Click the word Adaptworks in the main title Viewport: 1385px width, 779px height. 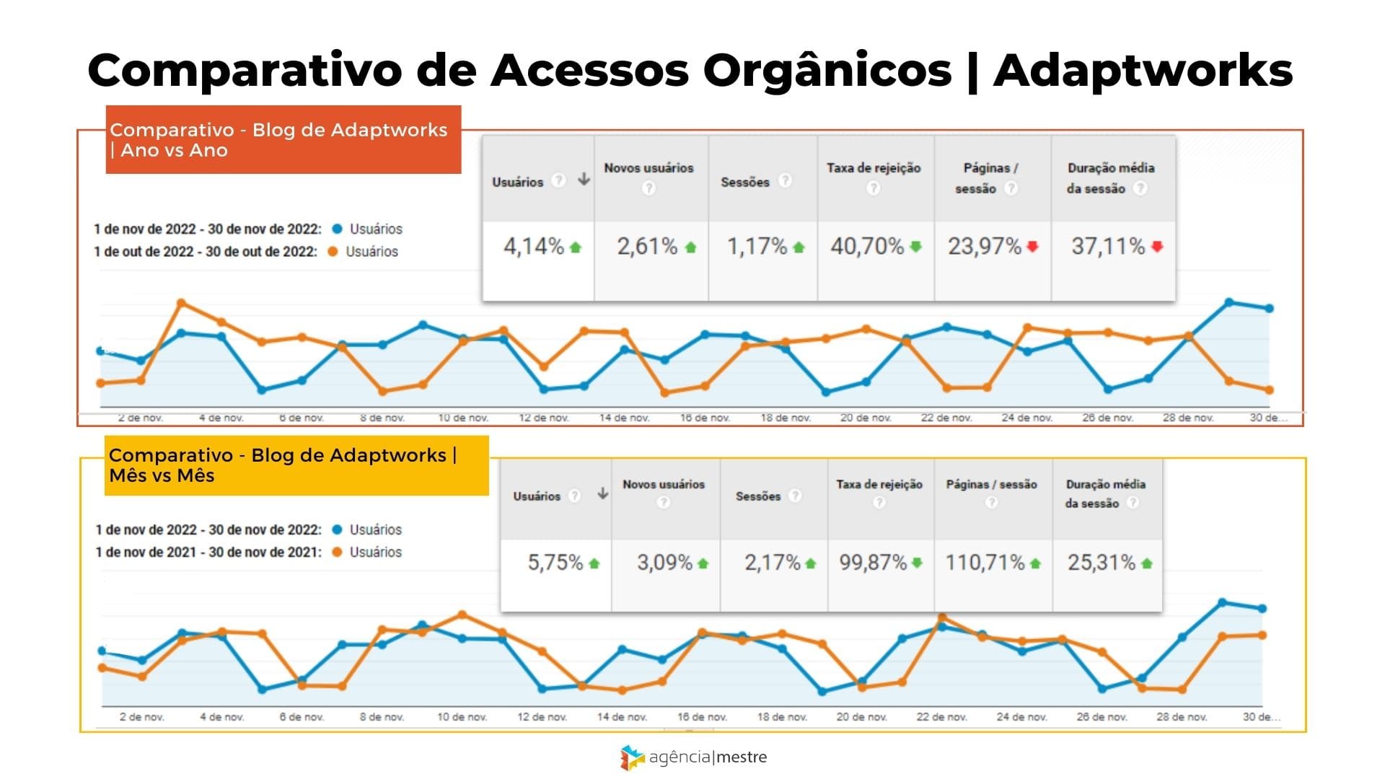click(1143, 71)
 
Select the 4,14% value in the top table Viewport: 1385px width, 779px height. click(533, 247)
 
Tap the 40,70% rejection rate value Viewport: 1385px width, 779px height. click(867, 247)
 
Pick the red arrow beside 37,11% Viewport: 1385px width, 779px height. click(1157, 247)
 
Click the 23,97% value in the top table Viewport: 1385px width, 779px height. click(984, 247)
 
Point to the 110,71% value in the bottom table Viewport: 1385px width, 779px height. click(985, 563)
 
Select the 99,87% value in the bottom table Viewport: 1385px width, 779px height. click(872, 563)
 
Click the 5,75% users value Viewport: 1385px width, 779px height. click(555, 563)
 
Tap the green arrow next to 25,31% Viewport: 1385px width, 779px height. click(1147, 563)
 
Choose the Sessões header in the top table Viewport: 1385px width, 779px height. click(745, 182)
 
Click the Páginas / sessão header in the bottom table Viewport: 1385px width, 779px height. click(991, 485)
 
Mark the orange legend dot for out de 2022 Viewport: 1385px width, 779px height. click(333, 252)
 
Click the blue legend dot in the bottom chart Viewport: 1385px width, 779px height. click(337, 529)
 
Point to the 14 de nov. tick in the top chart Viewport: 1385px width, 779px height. click(624, 418)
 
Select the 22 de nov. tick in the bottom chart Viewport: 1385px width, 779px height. click(941, 717)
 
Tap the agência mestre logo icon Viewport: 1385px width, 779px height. click(632, 757)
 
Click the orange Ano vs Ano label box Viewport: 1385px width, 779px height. click(283, 140)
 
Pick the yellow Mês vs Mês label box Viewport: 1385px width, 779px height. click(296, 465)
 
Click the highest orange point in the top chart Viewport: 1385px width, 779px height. click(181, 303)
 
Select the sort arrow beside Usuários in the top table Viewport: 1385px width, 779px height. click(584, 180)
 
